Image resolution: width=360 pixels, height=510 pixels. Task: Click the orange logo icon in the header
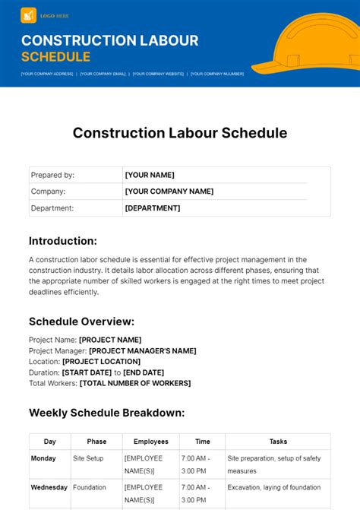29,14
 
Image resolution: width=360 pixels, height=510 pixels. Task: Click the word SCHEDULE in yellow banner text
55,57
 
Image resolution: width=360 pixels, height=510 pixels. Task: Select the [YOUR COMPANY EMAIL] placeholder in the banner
103,74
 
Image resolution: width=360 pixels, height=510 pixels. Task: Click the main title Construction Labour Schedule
180,133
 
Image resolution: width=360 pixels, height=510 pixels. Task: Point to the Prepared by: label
52,175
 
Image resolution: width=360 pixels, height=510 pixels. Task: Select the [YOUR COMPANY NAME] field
169,192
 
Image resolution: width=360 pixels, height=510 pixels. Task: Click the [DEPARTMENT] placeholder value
153,208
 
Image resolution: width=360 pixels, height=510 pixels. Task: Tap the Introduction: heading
63,241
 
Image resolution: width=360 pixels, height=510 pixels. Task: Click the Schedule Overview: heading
81,321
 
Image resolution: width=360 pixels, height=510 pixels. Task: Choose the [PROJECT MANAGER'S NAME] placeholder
143,350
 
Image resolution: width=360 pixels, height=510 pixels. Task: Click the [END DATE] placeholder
144,372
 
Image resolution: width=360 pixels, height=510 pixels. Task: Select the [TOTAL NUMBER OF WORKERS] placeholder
135,384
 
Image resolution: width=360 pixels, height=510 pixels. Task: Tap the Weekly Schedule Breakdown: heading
107,413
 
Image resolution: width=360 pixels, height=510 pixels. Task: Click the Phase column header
96,442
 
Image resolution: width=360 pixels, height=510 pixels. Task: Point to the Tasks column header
278,442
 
